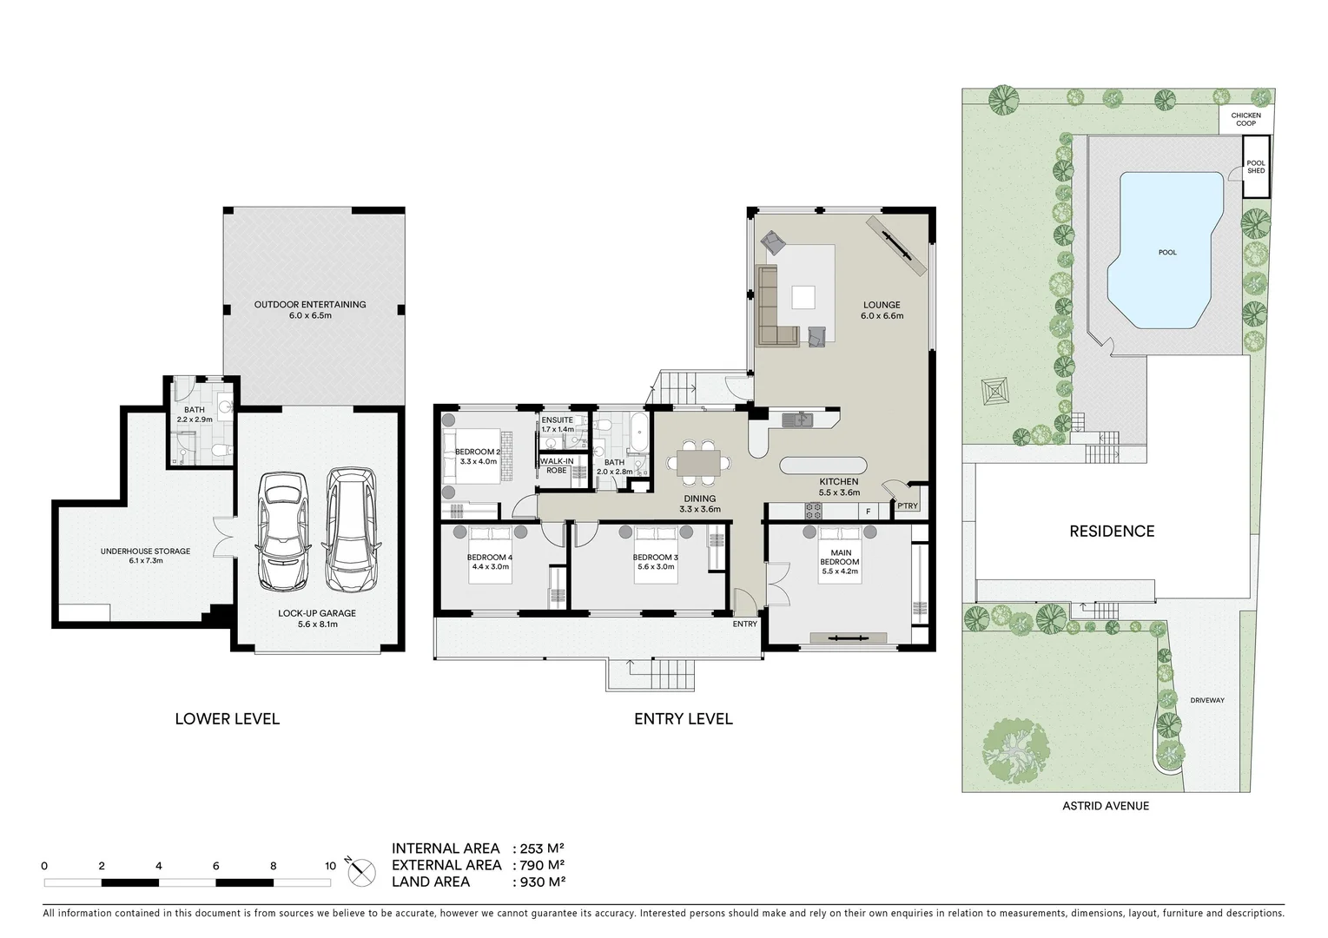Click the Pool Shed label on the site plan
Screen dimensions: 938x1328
pos(1255,167)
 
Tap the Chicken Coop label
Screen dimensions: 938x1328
pos(1245,119)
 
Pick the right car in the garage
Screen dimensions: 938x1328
pos(352,527)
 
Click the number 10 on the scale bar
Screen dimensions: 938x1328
pos(330,866)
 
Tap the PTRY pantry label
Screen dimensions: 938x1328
pos(907,506)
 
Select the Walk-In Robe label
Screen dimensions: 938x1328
pos(557,466)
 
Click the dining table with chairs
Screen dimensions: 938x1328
pos(698,463)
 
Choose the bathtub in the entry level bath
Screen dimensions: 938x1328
pos(639,433)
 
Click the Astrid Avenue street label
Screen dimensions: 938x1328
pos(1105,806)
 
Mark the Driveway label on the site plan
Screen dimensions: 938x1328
pos(1206,700)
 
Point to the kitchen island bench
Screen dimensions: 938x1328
pos(823,466)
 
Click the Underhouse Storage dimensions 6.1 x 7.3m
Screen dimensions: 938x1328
pos(145,561)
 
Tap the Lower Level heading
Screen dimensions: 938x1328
pos(227,719)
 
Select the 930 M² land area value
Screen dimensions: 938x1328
pos(539,882)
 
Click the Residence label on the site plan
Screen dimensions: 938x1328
pos(1111,532)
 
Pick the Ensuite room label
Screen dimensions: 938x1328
pos(558,420)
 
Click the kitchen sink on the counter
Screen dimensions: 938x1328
pos(797,420)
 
